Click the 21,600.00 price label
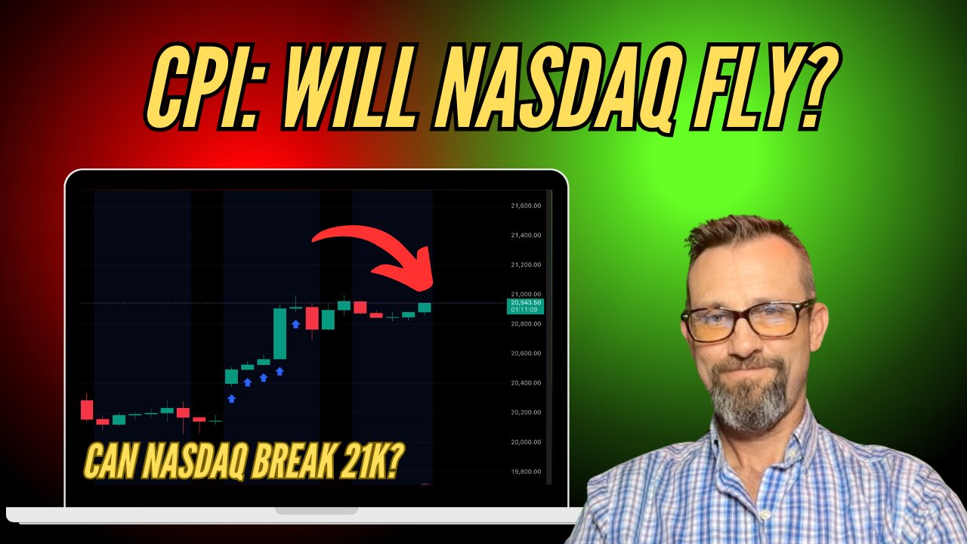(526, 206)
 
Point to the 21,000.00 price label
(526, 294)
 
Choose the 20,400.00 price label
(526, 383)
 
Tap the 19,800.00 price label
(526, 471)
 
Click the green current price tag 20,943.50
(525, 306)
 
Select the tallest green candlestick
(280, 333)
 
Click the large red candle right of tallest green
(312, 318)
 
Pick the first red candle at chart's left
(87, 410)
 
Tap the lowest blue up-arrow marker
(231, 398)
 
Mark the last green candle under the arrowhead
(425, 308)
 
